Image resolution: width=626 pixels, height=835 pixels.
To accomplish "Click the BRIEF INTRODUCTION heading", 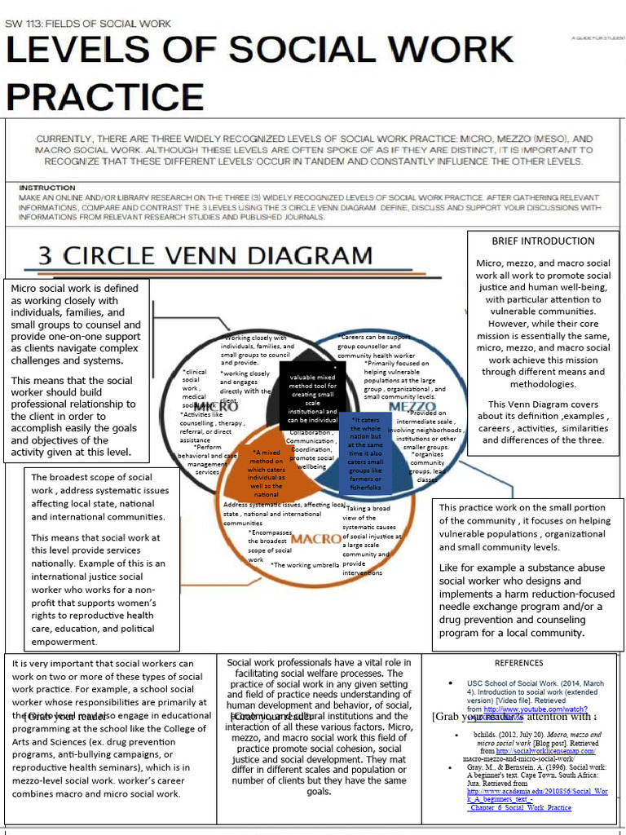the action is click(x=543, y=241).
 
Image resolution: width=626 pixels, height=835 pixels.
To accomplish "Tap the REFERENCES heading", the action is click(x=518, y=663).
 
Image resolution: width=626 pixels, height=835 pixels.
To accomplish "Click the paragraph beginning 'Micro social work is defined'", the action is click(x=75, y=324).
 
